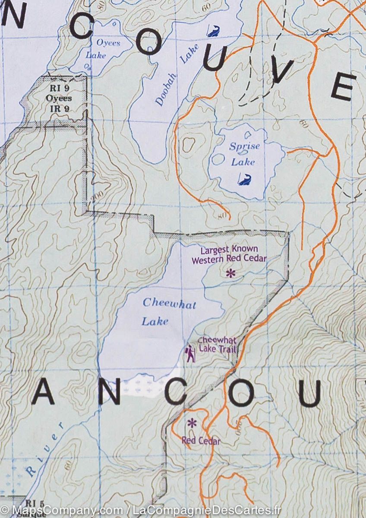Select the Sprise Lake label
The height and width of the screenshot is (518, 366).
pos(244,154)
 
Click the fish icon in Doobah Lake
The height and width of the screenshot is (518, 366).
pos(213,31)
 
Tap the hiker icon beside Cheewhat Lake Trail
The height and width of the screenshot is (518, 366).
pos(190,354)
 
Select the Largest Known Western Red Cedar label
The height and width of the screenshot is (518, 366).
pos(229,255)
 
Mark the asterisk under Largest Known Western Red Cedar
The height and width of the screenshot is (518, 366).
pos(231,273)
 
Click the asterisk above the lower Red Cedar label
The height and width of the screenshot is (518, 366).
pos(192,423)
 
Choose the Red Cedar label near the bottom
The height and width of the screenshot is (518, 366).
pos(201,441)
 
